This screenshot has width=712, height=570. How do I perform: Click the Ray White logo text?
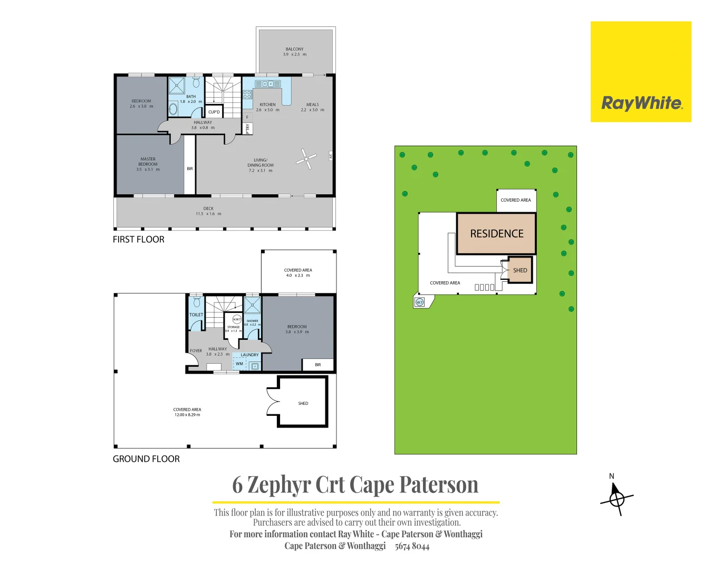(641, 103)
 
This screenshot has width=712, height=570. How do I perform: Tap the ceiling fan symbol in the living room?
(306, 158)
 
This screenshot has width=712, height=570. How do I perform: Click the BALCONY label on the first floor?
(294, 49)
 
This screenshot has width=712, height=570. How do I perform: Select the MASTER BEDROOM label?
(148, 161)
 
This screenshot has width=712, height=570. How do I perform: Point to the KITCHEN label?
(267, 104)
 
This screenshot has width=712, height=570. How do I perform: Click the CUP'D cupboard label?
(214, 112)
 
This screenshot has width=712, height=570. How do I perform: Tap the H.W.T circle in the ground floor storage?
(237, 319)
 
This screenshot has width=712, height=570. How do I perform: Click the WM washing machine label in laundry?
(239, 364)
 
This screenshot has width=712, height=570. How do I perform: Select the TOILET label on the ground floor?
(196, 315)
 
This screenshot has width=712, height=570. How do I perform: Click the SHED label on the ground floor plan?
(303, 403)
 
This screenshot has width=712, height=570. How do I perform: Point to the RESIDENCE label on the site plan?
(496, 234)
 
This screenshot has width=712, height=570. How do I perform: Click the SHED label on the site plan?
(519, 270)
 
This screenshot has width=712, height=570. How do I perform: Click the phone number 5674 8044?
(412, 546)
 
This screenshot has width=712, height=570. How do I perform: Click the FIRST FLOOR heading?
(138, 240)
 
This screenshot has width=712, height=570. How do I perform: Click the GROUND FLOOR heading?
(146, 459)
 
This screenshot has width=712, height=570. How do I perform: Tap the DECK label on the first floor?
(208, 208)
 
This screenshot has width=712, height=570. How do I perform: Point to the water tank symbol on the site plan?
(420, 302)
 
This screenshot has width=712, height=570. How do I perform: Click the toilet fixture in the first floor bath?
(196, 83)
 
